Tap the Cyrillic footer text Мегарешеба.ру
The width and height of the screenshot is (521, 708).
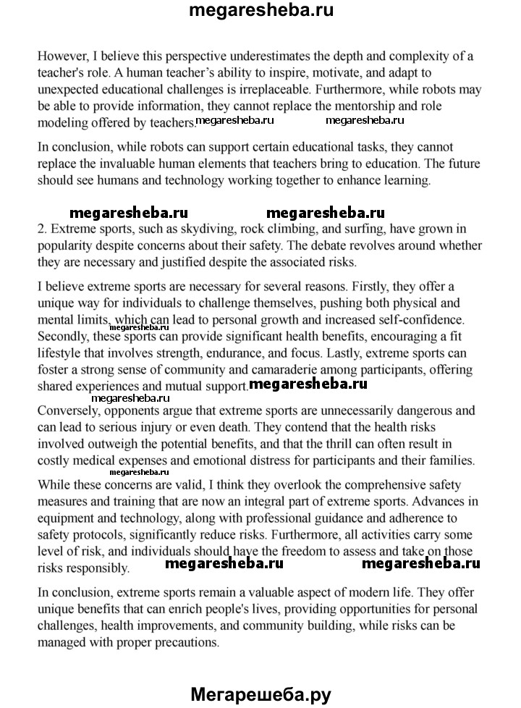click(260, 695)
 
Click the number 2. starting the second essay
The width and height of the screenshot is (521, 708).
click(42, 230)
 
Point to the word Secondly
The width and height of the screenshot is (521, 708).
click(64, 337)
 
